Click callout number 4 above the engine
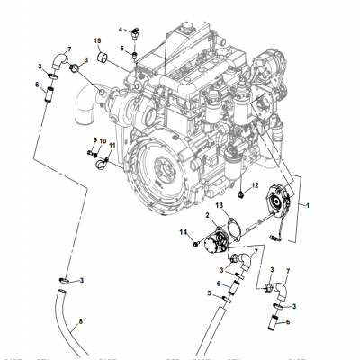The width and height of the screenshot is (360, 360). [121, 30]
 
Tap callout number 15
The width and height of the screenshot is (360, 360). [97, 41]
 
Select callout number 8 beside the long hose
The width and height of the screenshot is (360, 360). [80, 319]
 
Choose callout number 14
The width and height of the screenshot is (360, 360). [181, 233]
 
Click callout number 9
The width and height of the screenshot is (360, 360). [94, 140]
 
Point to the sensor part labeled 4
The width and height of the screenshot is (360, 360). [134, 33]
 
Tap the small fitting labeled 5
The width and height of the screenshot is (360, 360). [134, 55]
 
